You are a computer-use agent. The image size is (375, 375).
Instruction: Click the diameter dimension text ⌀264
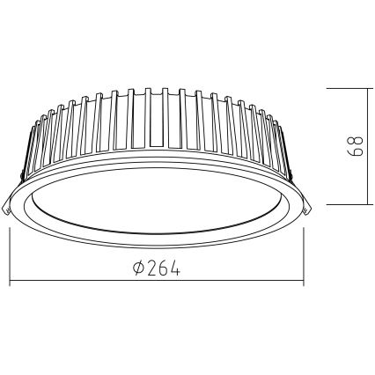point(158,268)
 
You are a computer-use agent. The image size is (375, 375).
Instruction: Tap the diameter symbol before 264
point(138,268)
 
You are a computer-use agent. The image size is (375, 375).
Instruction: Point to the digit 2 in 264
point(151,268)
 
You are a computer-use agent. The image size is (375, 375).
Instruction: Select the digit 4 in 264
point(175,268)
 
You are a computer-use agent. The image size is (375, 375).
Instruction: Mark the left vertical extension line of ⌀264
point(9,255)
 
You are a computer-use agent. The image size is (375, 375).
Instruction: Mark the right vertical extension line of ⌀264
point(303,255)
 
